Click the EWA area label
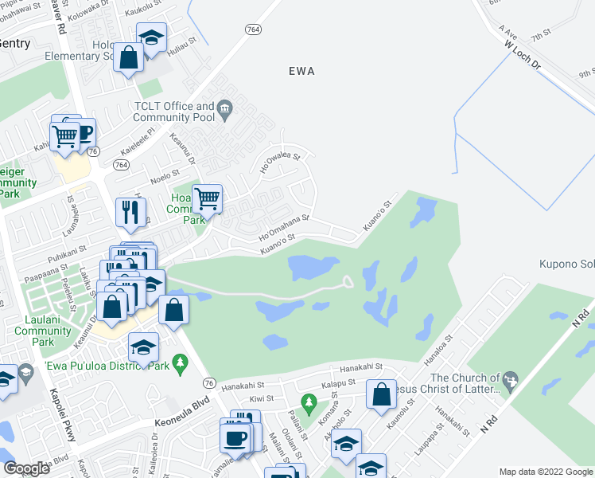301,71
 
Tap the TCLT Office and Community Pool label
174,112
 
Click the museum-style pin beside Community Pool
225,108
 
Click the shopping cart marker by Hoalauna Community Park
207,198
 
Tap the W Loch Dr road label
522,55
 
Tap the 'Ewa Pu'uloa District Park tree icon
181,366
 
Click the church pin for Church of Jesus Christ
510,379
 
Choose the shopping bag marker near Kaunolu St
382,394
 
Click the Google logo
26,468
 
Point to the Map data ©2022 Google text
546,472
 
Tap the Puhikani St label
67,251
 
